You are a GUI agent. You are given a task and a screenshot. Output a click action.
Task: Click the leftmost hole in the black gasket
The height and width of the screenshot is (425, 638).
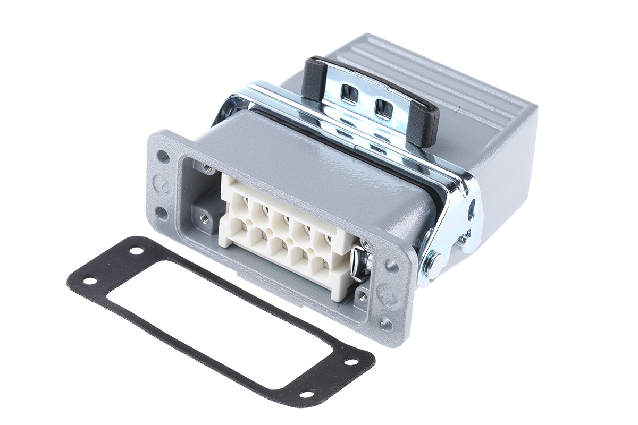point(91,280)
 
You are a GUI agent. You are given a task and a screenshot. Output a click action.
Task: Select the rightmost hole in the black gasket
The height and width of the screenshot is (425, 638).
point(351,362)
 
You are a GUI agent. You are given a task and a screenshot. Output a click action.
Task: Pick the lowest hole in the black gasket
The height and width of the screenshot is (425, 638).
point(306,394)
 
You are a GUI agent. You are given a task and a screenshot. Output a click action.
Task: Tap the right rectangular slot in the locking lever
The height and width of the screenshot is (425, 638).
point(383,108)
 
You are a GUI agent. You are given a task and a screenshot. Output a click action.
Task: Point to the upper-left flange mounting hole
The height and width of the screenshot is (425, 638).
point(163,156)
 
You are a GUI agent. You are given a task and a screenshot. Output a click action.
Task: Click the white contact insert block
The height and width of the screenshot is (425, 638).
point(287,234)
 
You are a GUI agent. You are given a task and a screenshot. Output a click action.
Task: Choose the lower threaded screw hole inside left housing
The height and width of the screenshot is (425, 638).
point(204,217)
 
